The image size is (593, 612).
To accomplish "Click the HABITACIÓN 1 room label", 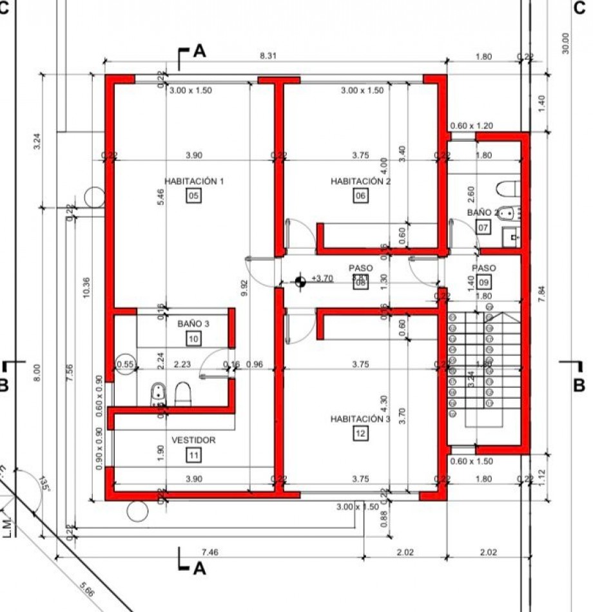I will click(x=193, y=182).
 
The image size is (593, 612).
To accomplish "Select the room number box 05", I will click(x=193, y=196).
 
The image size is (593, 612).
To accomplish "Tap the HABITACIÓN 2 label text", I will click(x=360, y=182).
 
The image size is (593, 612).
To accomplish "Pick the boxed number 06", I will click(x=360, y=196).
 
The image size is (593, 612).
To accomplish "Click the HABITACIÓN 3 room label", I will click(x=360, y=419).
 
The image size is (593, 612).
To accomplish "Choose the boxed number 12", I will click(x=360, y=434).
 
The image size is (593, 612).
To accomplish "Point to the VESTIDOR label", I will click(x=193, y=440).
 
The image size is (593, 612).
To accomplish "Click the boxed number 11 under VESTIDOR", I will click(x=193, y=455).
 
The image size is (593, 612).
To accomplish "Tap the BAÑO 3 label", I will click(x=193, y=323).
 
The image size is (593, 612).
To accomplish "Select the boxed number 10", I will click(x=193, y=338).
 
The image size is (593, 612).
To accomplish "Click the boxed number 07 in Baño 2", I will click(x=483, y=227).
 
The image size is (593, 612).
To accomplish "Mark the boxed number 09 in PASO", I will click(x=483, y=282).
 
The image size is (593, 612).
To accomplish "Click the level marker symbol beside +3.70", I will click(x=300, y=281).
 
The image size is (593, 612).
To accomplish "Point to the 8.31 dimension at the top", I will click(x=268, y=57).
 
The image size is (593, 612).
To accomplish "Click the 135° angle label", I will click(x=44, y=483).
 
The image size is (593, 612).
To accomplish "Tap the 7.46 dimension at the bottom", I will click(x=210, y=552).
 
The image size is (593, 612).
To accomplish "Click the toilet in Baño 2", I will click(x=507, y=189).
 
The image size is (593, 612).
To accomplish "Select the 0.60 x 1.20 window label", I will click(x=471, y=126).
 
